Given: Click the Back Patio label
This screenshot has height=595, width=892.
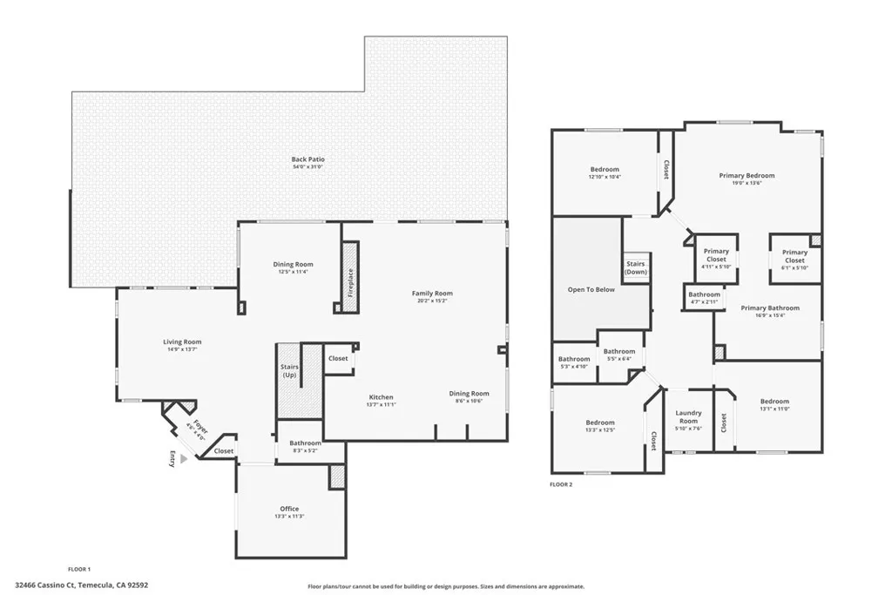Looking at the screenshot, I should pyautogui.click(x=307, y=159).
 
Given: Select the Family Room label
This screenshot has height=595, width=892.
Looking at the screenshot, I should pyautogui.click(x=432, y=294).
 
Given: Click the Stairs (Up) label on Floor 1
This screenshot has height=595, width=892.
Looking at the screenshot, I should pyautogui.click(x=290, y=371).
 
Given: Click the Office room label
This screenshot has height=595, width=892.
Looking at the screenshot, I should pyautogui.click(x=289, y=509).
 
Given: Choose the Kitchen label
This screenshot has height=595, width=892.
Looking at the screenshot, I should pyautogui.click(x=381, y=397).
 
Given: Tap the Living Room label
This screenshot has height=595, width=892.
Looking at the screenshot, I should pyautogui.click(x=182, y=342).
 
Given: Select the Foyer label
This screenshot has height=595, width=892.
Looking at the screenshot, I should pyautogui.click(x=200, y=427).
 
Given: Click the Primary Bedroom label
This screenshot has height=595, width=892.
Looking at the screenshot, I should pyautogui.click(x=747, y=175).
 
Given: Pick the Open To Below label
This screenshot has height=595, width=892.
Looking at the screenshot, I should pyautogui.click(x=591, y=289).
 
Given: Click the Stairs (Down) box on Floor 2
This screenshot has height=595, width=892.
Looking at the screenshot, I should pyautogui.click(x=636, y=267).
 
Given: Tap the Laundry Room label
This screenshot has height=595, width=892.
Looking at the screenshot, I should pyautogui.click(x=688, y=416).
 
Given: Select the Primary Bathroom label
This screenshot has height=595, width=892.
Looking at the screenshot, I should pyautogui.click(x=770, y=308).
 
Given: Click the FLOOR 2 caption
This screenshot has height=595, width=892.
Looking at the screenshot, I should pyautogui.click(x=561, y=483).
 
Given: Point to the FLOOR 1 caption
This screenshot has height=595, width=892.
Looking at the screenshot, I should pyautogui.click(x=79, y=569).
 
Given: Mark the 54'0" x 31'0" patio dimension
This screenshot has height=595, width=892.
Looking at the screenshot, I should pyautogui.click(x=307, y=166).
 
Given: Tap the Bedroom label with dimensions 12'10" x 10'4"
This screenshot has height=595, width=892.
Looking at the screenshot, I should pyautogui.click(x=605, y=169).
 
